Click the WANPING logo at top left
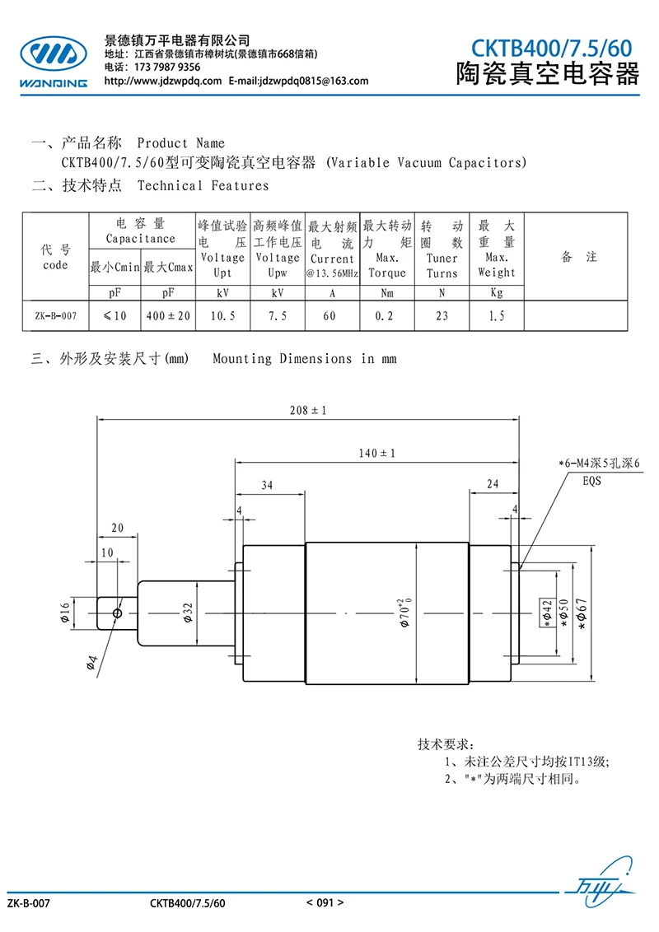(x=54, y=62)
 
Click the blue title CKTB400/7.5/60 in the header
(x=551, y=48)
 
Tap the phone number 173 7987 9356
(x=167, y=68)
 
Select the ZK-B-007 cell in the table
(x=56, y=315)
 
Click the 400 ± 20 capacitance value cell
(x=168, y=315)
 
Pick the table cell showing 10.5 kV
(x=222, y=315)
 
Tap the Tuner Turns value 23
(x=442, y=315)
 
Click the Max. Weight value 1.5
(x=497, y=315)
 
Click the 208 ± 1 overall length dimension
(x=307, y=410)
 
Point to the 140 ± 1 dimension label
(x=376, y=453)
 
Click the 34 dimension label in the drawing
(x=267, y=485)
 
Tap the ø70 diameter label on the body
(x=404, y=613)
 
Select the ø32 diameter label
(x=188, y=613)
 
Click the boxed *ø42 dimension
(x=547, y=613)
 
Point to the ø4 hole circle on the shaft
(x=117, y=613)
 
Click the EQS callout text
(x=591, y=481)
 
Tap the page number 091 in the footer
(x=325, y=903)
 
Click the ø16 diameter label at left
(x=65, y=613)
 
